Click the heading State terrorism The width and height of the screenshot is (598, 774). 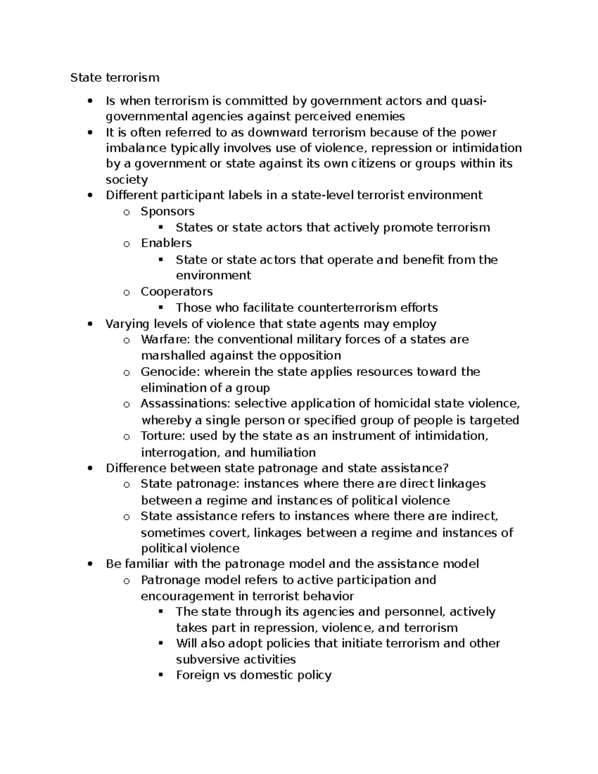click(x=115, y=77)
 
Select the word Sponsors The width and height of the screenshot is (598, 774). click(x=167, y=211)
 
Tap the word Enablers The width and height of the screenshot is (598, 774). click(x=166, y=243)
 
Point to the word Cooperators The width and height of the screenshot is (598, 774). click(x=176, y=292)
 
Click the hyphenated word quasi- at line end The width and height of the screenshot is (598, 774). click(x=468, y=101)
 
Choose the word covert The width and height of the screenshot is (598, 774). click(x=228, y=533)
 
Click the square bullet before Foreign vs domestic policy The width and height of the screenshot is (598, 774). click(x=160, y=674)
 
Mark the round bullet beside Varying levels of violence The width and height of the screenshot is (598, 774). click(x=90, y=324)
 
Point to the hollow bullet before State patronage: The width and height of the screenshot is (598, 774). click(x=127, y=484)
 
